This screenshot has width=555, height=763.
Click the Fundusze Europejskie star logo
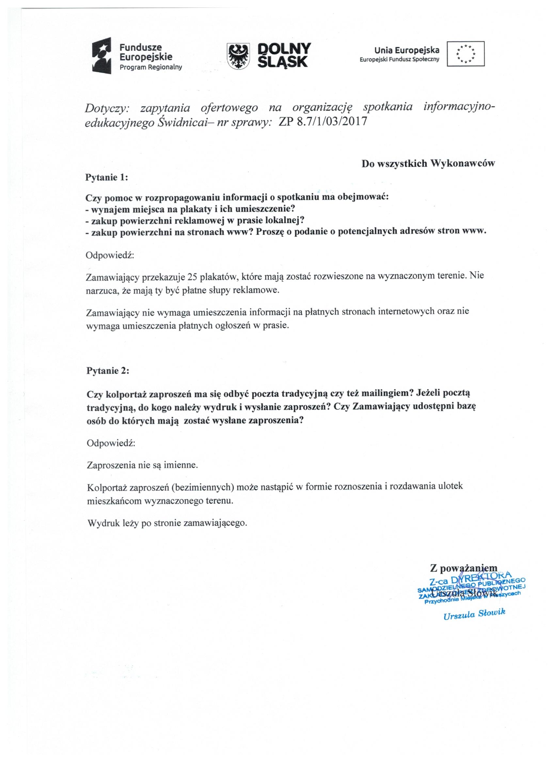102,56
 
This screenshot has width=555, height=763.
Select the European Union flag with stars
466,54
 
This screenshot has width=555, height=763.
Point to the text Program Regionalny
151,67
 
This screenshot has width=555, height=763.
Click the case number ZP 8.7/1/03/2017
323,121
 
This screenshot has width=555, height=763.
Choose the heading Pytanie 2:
108,371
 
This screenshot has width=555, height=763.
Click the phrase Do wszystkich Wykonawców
428,163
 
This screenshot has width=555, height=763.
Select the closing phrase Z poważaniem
464,568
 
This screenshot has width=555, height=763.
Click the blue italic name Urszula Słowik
475,614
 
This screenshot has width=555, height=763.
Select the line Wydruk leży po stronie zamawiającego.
167,523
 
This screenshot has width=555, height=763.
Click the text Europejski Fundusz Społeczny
400,60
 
